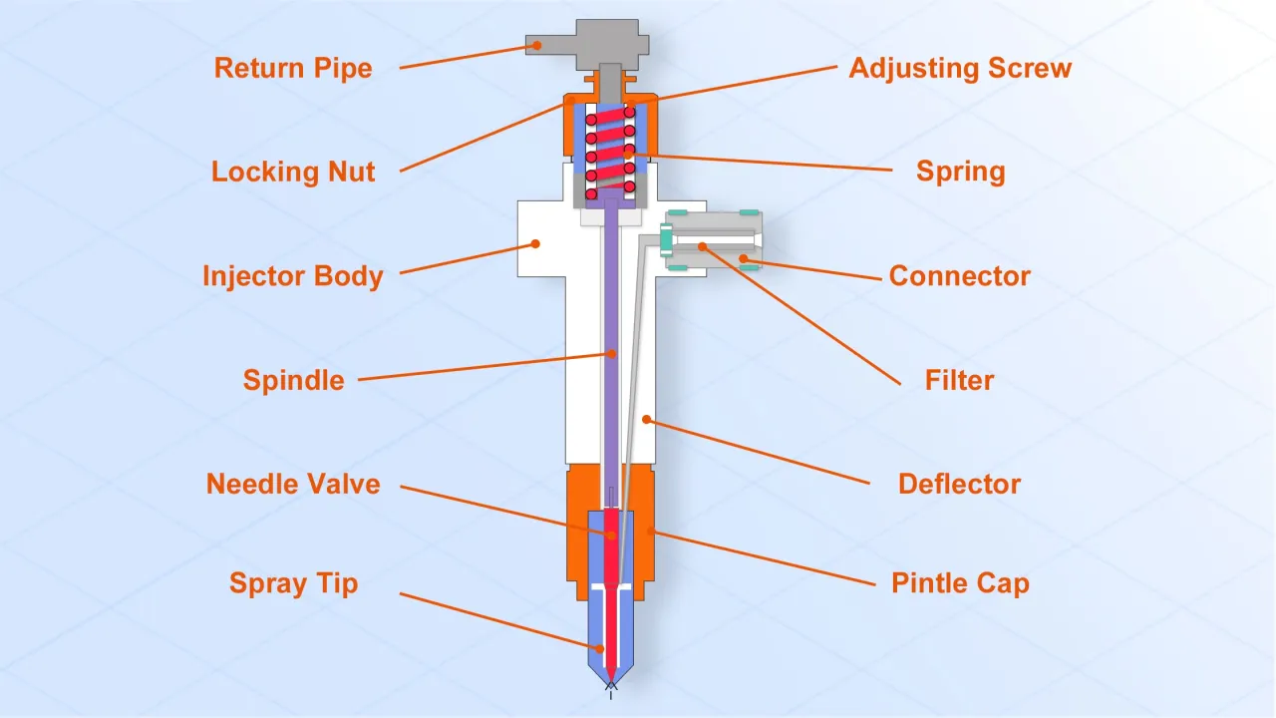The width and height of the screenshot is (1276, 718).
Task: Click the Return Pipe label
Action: (x=293, y=69)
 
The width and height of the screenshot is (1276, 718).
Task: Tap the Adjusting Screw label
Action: (x=960, y=69)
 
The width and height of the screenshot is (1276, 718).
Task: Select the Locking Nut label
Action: (x=293, y=172)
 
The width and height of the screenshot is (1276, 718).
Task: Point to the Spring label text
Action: (x=960, y=172)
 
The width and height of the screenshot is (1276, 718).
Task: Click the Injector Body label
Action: (x=293, y=276)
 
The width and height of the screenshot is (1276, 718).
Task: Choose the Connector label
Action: (x=959, y=276)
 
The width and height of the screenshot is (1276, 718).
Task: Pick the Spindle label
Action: (x=293, y=380)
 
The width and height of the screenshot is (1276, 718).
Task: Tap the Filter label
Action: (x=959, y=380)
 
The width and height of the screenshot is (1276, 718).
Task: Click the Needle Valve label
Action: (x=293, y=485)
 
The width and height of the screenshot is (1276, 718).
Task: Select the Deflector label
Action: (x=959, y=485)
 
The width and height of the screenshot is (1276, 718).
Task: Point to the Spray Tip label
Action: (x=293, y=583)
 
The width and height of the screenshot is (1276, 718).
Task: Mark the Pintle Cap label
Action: (x=959, y=583)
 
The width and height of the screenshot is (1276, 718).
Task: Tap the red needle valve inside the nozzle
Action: (x=610, y=558)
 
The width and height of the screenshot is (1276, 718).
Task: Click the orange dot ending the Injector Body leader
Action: (x=535, y=242)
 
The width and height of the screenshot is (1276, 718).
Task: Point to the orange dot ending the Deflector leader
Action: (x=647, y=420)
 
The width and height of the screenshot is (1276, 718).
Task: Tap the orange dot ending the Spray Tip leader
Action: (x=600, y=648)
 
